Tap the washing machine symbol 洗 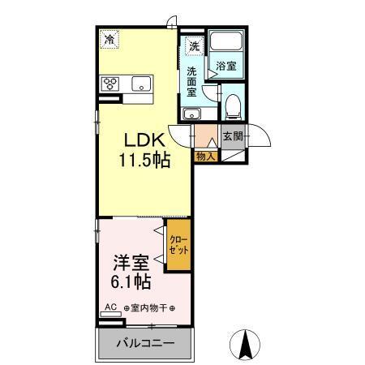coord(194,45)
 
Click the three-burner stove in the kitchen coord(110,83)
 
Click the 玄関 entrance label coord(232,136)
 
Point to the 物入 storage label coord(206,157)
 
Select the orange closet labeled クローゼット coord(178,246)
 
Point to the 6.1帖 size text coord(130,283)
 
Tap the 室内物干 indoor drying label coord(149,308)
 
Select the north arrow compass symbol coord(243,345)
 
